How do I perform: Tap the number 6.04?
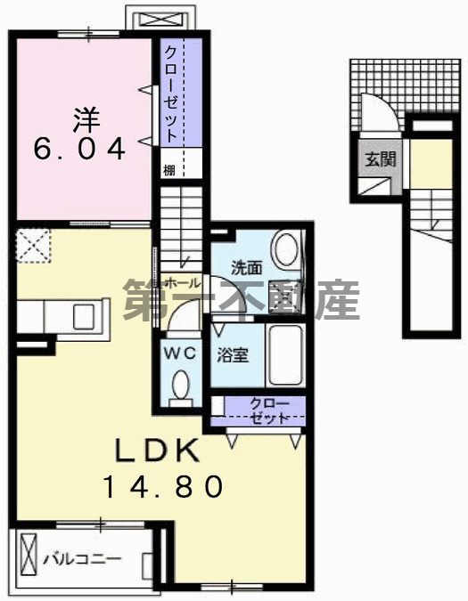coord(80,149)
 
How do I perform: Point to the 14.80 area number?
coord(160,487)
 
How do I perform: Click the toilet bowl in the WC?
coord(181,386)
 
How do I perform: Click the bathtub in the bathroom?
coord(286,357)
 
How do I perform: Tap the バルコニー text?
coord(85,561)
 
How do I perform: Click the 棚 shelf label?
coord(169,166)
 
